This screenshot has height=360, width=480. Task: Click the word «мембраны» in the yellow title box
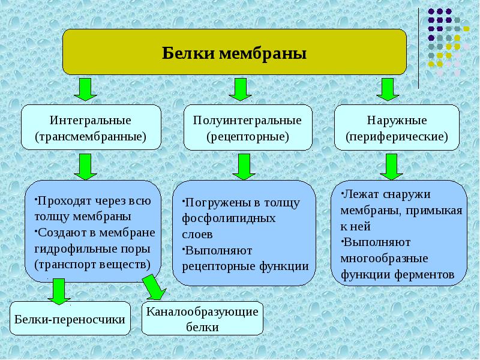pyautogui.click(x=263, y=54)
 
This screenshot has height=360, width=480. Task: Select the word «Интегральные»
pyautogui.click(x=91, y=121)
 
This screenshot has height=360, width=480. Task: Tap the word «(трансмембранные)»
pyautogui.click(x=91, y=136)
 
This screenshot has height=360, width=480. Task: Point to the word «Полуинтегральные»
pyautogui.click(x=247, y=121)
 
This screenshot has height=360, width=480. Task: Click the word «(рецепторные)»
pyautogui.click(x=248, y=137)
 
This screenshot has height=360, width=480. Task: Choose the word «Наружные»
pyautogui.click(x=397, y=121)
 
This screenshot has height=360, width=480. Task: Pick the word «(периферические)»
pyautogui.click(x=397, y=137)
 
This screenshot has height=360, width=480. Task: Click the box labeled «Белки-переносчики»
pyautogui.click(x=70, y=319)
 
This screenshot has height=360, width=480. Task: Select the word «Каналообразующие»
pyautogui.click(x=202, y=312)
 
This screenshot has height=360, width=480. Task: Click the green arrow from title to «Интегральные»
pyautogui.click(x=85, y=89)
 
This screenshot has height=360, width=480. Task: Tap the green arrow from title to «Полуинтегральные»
pyautogui.click(x=241, y=89)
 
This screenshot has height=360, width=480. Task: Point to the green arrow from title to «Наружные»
pyautogui.click(x=388, y=89)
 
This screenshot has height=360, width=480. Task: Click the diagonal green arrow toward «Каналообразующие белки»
pyautogui.click(x=154, y=287)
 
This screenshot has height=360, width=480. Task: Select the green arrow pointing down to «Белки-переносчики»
pyautogui.click(x=59, y=292)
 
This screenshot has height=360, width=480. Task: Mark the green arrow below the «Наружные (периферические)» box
pyautogui.click(x=392, y=167)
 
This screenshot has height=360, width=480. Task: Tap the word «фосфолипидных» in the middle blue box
pyautogui.click(x=229, y=218)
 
